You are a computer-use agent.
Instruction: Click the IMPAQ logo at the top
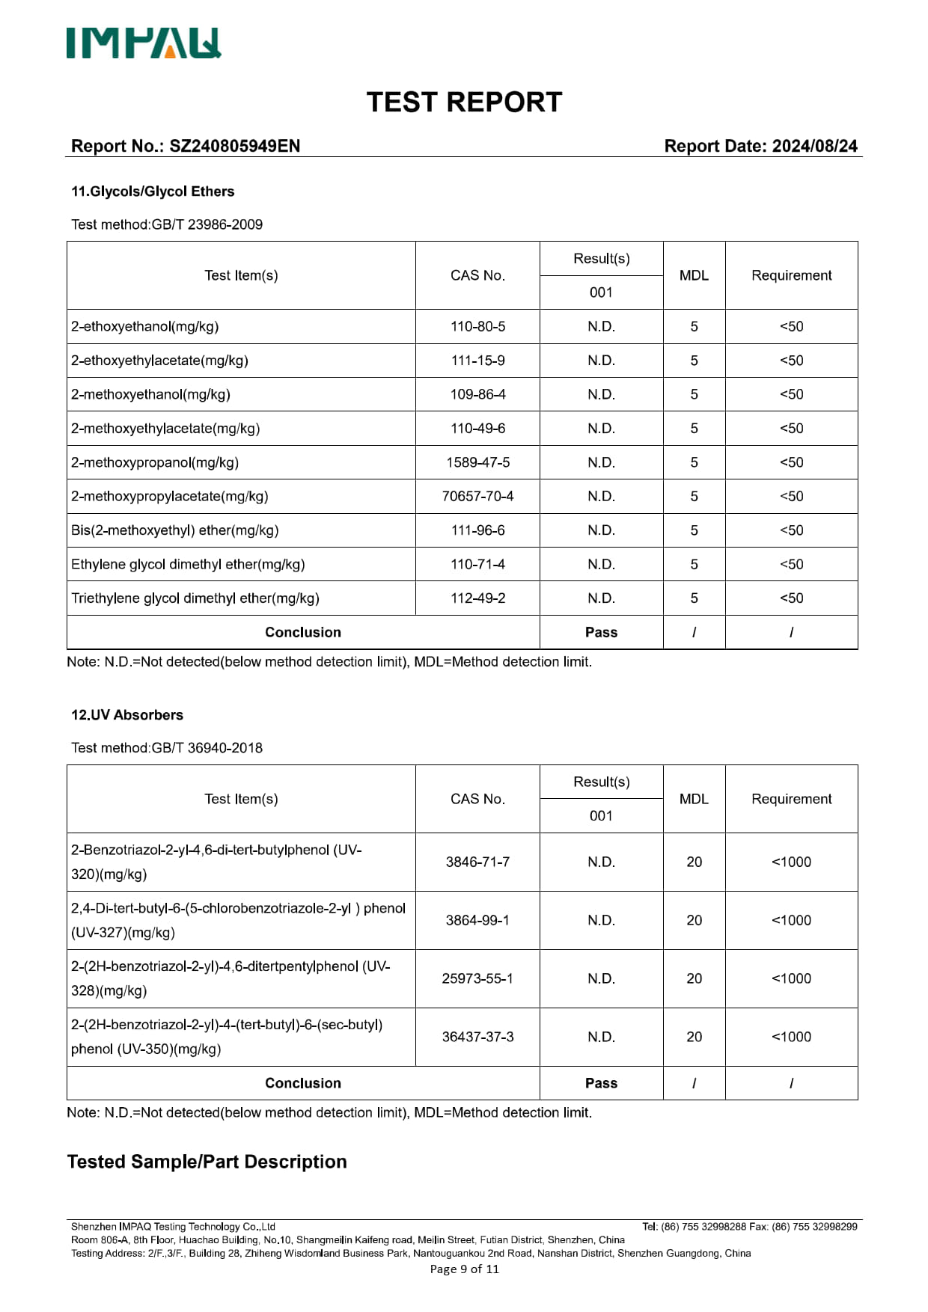(144, 43)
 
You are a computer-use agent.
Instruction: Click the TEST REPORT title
(464, 102)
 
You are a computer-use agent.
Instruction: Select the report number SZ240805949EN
(234, 146)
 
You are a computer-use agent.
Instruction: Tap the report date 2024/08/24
(814, 146)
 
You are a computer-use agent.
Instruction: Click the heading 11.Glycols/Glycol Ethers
(153, 191)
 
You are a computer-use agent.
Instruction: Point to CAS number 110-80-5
(477, 327)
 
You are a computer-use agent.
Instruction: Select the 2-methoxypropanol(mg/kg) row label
(155, 462)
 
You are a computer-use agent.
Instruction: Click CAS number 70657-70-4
(477, 497)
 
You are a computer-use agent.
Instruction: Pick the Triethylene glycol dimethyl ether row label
(195, 598)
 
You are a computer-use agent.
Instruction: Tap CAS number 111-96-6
(477, 530)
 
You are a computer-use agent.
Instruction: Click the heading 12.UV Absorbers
(127, 715)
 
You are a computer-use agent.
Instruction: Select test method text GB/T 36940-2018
(207, 748)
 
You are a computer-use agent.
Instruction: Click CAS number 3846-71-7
(477, 862)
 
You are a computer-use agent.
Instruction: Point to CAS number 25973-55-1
(477, 978)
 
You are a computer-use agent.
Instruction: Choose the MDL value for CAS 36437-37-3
(694, 1037)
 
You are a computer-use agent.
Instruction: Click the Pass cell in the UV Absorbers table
(601, 1083)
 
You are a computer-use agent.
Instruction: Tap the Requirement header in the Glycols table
(791, 275)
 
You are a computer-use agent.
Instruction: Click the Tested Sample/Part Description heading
(207, 1162)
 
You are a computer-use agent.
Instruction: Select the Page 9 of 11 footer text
(464, 1269)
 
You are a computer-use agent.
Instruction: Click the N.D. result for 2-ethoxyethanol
(601, 327)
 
